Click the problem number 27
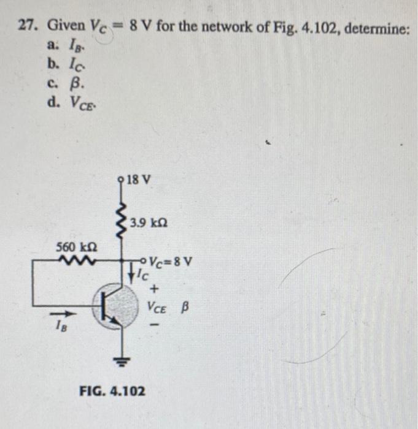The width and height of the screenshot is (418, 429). (x=27, y=27)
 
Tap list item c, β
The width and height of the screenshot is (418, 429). (x=59, y=82)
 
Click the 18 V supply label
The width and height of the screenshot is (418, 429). (x=138, y=181)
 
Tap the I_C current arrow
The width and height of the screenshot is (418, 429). (x=130, y=275)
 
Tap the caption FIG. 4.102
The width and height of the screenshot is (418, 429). (x=113, y=390)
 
